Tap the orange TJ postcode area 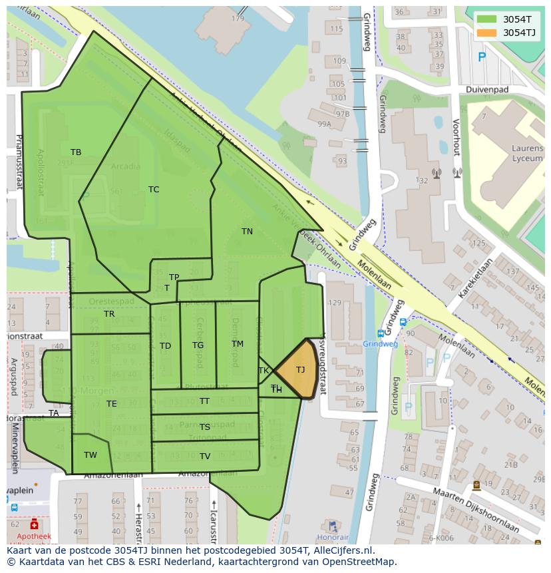click(297, 371)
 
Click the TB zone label click(76, 152)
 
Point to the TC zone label click(154, 190)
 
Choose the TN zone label click(247, 232)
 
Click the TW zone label click(91, 455)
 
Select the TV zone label click(205, 457)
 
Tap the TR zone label click(109, 313)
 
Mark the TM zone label click(238, 344)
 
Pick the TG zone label click(198, 345)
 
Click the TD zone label click(165, 346)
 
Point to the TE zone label click(111, 404)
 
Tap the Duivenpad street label click(487, 89)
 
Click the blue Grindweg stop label click(380, 344)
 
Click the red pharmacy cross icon click(34, 525)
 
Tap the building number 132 click(421, 180)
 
